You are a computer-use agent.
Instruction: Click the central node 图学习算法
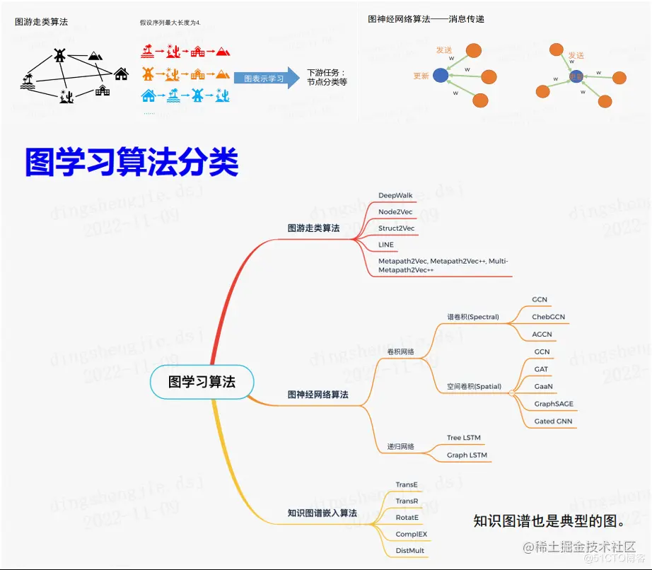click(x=202, y=382)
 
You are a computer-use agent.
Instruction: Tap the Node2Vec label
click(x=395, y=211)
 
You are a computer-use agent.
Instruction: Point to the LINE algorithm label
click(x=386, y=245)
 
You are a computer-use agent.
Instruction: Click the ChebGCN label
click(x=548, y=317)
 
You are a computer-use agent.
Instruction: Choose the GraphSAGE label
click(x=554, y=404)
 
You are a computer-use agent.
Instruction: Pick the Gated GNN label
click(x=553, y=421)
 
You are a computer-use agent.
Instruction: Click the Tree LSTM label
click(x=463, y=438)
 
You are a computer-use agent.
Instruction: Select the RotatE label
click(x=407, y=517)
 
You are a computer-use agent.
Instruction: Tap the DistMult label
click(x=410, y=550)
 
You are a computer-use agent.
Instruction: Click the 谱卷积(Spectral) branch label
click(x=472, y=317)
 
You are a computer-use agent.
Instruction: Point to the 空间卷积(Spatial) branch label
click(x=474, y=387)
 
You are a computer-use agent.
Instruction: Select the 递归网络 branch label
click(x=400, y=447)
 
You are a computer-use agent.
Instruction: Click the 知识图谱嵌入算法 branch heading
click(x=322, y=513)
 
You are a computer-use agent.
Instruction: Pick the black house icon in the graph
click(x=121, y=74)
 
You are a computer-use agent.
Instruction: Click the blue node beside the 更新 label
click(x=441, y=75)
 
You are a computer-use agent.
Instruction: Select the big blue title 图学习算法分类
click(x=132, y=162)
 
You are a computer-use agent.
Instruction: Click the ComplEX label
click(x=411, y=534)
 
